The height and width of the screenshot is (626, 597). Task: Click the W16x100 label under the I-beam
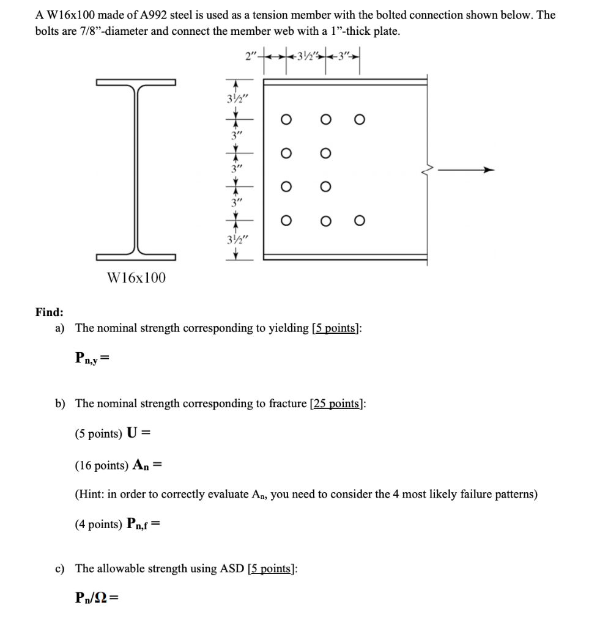[136, 278]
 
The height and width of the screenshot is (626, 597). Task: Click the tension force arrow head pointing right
[487, 170]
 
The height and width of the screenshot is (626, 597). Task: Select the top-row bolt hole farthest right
[360, 120]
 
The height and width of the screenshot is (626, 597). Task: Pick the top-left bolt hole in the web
[284, 120]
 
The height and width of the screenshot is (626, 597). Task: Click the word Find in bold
[48, 312]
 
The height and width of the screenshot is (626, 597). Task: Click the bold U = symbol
[138, 434]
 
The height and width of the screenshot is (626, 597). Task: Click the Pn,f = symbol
[145, 524]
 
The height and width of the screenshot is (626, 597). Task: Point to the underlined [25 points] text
[336, 403]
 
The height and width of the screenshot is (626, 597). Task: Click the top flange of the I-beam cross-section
[136, 82]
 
